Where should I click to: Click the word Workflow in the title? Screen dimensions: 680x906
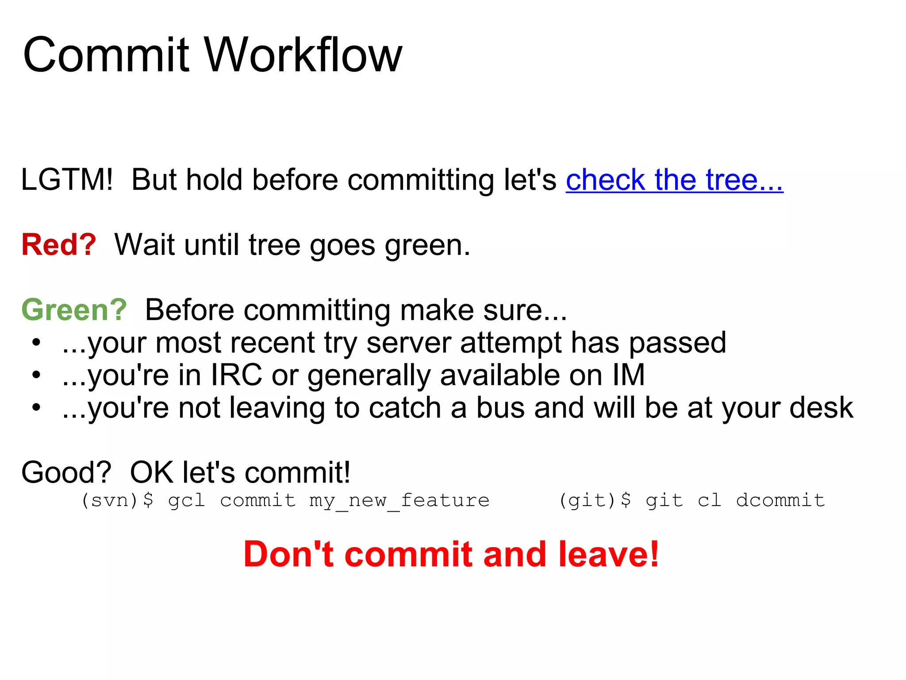[303, 55]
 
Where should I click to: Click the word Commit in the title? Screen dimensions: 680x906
[106, 55]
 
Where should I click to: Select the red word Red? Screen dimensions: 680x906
[59, 245]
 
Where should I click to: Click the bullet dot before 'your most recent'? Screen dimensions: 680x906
[36, 342]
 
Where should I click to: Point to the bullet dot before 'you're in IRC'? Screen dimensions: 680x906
[36, 375]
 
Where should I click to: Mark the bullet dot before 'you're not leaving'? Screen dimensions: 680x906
[36, 407]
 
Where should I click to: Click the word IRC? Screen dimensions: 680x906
[236, 375]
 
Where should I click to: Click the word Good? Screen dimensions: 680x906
[66, 472]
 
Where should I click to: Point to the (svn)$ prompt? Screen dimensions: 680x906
[117, 500]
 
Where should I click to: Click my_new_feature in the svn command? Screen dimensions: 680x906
[399, 500]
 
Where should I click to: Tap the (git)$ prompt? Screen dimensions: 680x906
[595, 500]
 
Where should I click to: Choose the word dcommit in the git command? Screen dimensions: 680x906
[780, 500]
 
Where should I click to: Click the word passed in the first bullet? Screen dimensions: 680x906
[677, 342]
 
